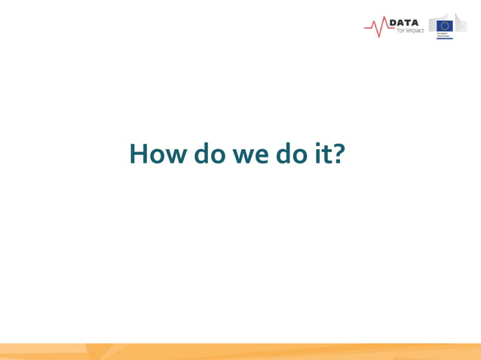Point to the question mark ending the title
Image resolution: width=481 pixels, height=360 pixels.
tap(339, 154)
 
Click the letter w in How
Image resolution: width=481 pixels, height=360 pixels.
tap(173, 157)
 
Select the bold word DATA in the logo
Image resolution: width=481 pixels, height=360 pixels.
tap(403, 23)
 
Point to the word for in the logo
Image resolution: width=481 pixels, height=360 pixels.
tap(400, 31)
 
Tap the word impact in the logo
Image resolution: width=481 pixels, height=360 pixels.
tap(415, 32)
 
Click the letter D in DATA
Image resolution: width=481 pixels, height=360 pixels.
tap(394, 23)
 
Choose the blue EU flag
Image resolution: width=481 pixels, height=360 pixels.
tap(445, 26)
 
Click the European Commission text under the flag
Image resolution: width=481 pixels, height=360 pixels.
tap(444, 35)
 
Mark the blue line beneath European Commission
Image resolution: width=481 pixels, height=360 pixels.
tap(444, 38)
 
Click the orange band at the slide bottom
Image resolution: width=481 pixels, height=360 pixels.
tap(240, 352)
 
